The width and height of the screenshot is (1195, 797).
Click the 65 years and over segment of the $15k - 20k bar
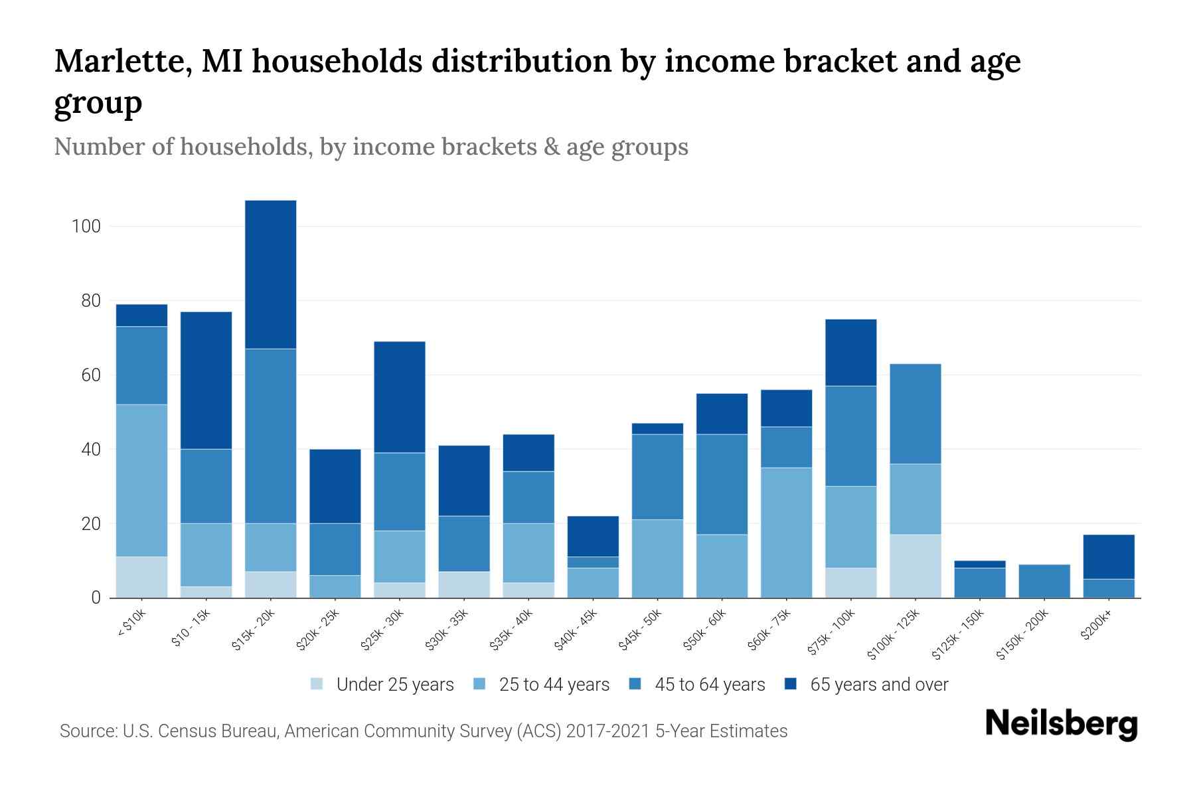coord(271,274)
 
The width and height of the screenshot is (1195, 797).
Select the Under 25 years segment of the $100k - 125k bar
coord(915,566)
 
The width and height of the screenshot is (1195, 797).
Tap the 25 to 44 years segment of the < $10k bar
coord(141,480)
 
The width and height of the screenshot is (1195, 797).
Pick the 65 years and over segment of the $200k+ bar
coord(1109,557)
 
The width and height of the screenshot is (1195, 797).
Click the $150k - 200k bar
coord(1044,581)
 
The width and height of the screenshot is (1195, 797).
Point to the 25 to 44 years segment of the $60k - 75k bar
coord(786,533)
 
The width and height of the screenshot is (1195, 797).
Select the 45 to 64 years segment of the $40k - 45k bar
coord(593,562)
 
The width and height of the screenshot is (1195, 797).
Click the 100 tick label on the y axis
coord(86,226)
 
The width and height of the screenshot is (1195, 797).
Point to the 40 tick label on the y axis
coord(90,450)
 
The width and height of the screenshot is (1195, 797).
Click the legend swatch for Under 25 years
coord(317,684)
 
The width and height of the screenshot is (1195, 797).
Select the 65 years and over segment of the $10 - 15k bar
coord(206,381)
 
